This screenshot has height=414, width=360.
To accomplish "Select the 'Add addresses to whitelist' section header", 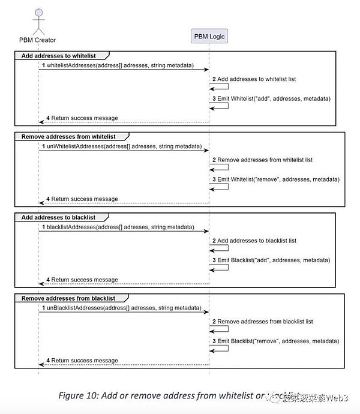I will point(58,55).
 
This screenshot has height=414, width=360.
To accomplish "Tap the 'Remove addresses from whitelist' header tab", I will point(68,136).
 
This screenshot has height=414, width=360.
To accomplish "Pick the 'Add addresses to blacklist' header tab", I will point(58,217).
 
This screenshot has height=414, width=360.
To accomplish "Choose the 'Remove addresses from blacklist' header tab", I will point(68,298).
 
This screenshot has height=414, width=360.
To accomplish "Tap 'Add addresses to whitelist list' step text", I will point(257,79).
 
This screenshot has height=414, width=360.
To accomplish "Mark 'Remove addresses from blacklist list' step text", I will point(265,322).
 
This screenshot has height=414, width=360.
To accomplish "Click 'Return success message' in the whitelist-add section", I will point(85,118).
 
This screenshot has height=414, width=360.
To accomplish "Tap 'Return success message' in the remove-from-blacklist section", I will point(85,361).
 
